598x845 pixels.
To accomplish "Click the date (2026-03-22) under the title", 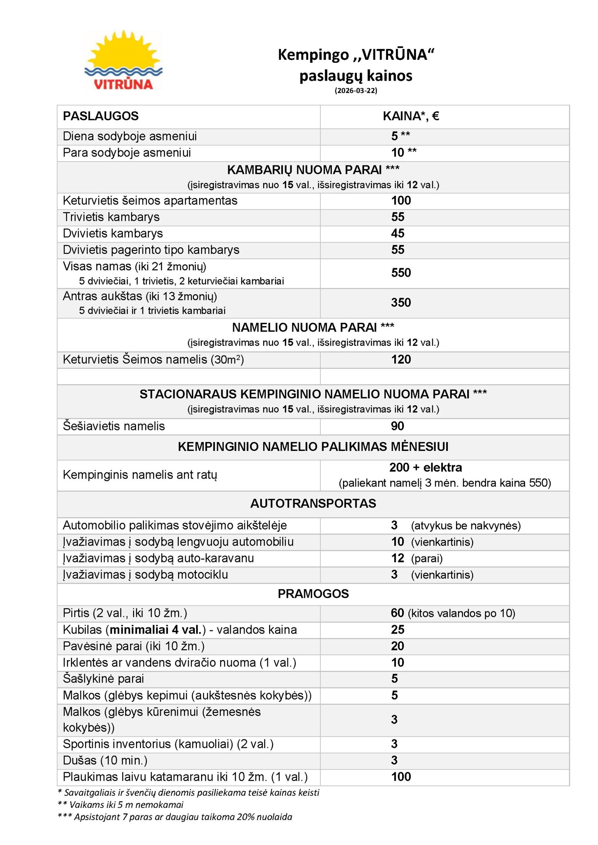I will (355, 90).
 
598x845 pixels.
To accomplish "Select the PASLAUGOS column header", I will (101, 116).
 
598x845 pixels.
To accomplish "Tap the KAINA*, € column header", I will (411, 116).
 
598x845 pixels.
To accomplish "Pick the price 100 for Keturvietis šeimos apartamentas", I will (401, 201).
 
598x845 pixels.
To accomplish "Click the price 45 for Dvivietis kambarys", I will (398, 233).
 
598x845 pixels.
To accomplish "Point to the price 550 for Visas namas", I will (401, 273).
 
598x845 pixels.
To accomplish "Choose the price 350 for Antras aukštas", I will (401, 302).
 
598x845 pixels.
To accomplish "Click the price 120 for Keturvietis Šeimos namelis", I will (401, 359).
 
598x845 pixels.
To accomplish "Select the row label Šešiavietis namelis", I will (114, 426).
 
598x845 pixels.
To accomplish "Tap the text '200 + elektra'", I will (425, 467).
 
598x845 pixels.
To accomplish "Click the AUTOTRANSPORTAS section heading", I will (313, 503).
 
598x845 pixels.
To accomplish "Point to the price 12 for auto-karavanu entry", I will (398, 558).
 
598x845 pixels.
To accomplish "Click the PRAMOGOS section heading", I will (313, 594).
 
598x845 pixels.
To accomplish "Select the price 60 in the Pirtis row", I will (397, 613).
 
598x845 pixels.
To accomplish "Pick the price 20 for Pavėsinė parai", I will (398, 646).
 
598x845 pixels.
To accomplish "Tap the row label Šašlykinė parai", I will (103, 678).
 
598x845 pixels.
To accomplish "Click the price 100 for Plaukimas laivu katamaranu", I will (401, 777).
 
